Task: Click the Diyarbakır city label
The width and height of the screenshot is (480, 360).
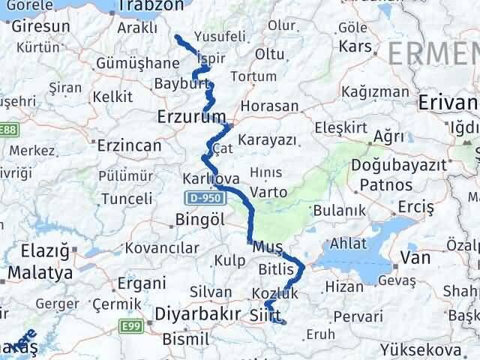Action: (196, 313)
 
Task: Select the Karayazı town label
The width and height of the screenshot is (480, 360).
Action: (268, 140)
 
